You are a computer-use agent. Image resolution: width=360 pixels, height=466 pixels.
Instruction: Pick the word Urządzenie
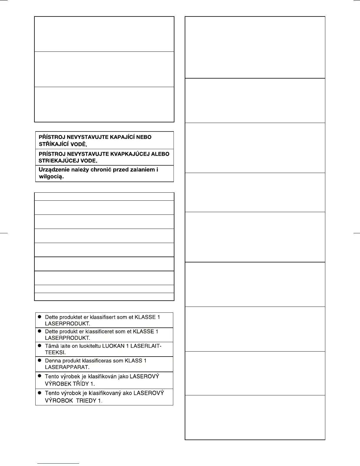click(x=52, y=170)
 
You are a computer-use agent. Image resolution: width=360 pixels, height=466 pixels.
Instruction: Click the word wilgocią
click(x=51, y=177)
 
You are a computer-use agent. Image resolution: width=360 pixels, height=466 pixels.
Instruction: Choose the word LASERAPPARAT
click(x=67, y=367)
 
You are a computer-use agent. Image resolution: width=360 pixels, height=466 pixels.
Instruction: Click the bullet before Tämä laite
click(x=39, y=346)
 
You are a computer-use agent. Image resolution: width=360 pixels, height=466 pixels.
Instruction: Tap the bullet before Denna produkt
click(x=39, y=361)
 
